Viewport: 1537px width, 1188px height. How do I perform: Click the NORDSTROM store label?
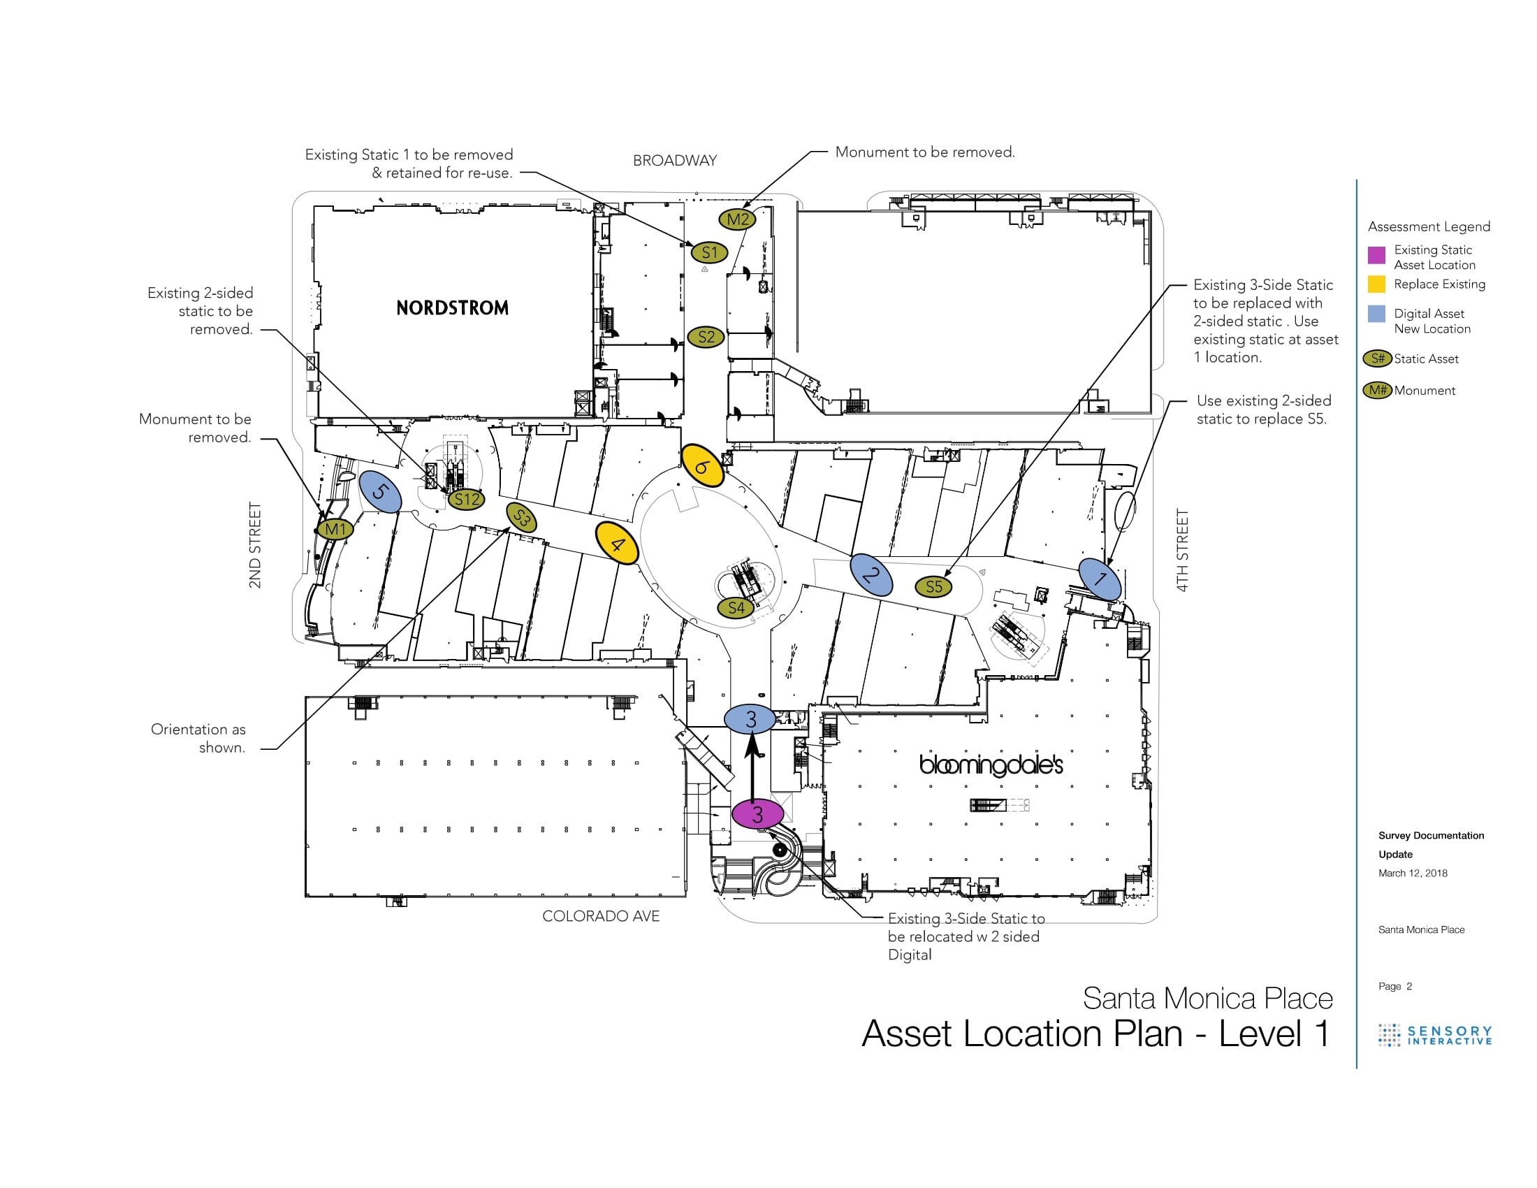pos(452,307)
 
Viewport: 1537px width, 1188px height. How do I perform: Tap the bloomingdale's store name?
pos(991,765)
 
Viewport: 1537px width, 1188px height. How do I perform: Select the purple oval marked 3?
pos(757,814)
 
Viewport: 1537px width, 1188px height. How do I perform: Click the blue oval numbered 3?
pos(750,718)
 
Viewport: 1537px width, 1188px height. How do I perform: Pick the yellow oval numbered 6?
pos(702,465)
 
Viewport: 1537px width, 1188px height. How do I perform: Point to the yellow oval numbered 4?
pos(616,542)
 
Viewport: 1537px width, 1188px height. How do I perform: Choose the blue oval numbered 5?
pos(380,491)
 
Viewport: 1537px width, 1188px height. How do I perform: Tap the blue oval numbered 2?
pos(871,575)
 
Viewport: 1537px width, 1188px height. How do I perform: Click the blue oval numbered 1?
pos(1100,579)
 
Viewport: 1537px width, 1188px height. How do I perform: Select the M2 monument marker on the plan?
pos(737,219)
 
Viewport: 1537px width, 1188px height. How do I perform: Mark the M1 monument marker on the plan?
pos(335,528)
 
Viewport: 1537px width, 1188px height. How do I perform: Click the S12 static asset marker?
pos(467,500)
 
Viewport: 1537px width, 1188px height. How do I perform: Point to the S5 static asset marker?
pos(933,586)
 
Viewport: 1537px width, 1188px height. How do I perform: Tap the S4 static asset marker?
pos(736,607)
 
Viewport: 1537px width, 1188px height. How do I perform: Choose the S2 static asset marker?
pos(706,337)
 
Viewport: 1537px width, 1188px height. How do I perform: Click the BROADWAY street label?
pos(674,161)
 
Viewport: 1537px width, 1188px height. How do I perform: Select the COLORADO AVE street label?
pos(600,915)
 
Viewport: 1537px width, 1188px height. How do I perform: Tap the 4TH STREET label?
pos(1182,550)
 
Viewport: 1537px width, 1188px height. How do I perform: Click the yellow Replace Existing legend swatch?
pos(1376,284)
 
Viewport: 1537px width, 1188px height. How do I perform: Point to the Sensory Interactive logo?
pos(1435,1034)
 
